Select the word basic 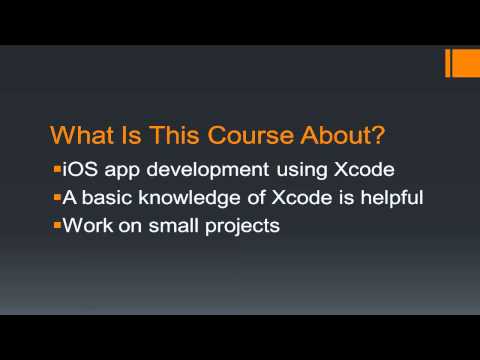click(x=107, y=197)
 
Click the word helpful click(x=385, y=197)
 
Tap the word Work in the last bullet click(x=84, y=225)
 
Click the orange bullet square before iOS click(x=56, y=167)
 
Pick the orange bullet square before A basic click(x=56, y=195)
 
